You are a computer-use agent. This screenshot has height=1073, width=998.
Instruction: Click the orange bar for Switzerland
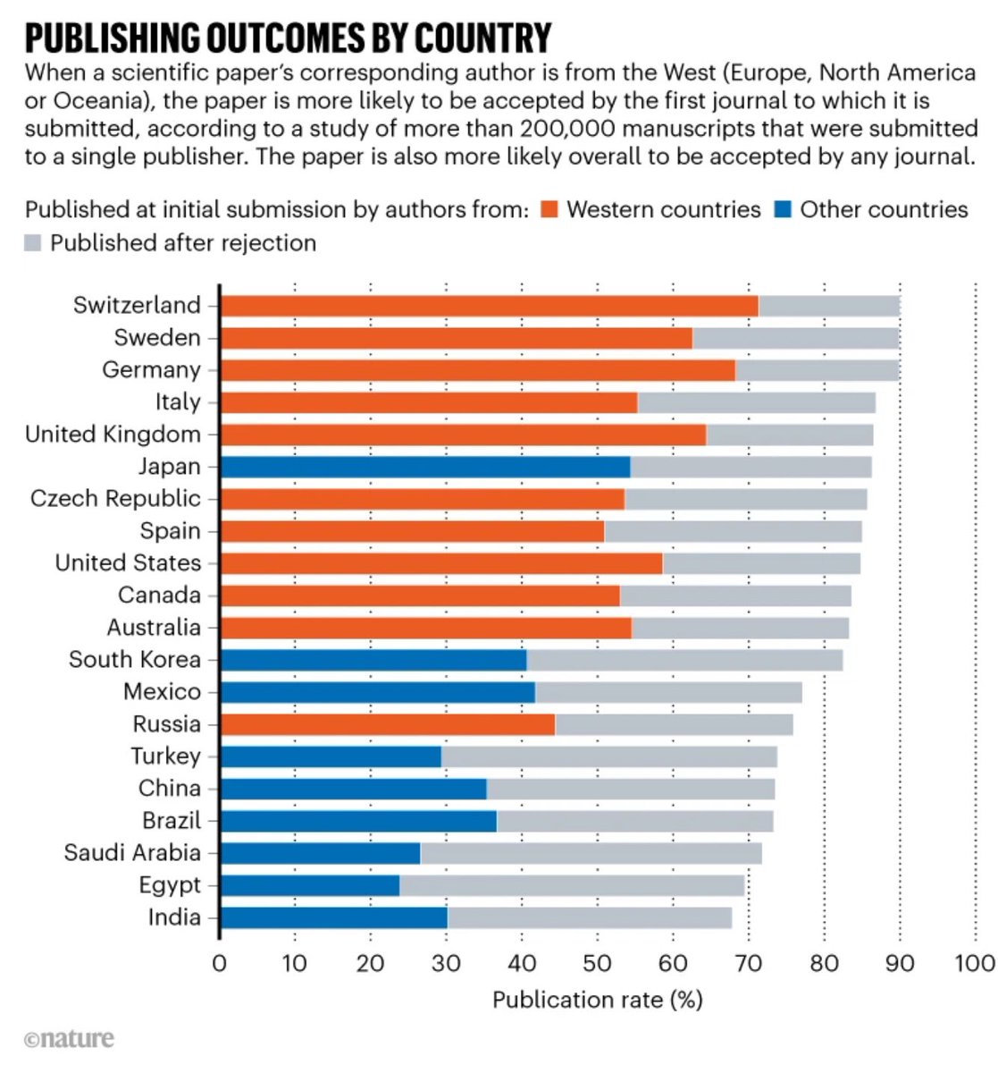pos(489,306)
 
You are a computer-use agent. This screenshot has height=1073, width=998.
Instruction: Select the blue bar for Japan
pos(424,467)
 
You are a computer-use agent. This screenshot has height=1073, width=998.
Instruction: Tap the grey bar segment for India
pos(590,918)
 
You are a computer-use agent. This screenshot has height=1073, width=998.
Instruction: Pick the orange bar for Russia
pos(387,724)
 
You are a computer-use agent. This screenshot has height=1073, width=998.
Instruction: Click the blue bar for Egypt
pos(309,885)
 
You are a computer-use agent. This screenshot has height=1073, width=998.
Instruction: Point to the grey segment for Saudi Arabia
pos(591,853)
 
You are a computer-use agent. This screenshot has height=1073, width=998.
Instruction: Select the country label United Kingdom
pos(113,435)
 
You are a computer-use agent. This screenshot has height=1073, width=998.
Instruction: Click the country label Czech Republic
pos(115,499)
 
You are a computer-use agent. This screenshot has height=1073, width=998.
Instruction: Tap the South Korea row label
pos(134,660)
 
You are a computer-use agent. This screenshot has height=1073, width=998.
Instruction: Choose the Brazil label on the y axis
pos(172,821)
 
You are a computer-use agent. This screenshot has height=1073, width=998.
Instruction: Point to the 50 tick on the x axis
pos(597,963)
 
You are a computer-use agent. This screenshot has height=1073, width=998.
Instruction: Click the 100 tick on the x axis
pos(974,963)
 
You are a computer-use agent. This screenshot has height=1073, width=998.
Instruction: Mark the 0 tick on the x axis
pos(220,963)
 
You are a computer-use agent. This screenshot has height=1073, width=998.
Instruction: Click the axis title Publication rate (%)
pos(597,1000)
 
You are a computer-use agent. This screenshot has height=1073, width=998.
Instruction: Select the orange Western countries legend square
pos(549,210)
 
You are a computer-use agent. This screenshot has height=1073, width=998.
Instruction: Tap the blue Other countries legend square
pos(783,210)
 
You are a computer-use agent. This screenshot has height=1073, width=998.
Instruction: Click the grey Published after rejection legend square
pos(33,243)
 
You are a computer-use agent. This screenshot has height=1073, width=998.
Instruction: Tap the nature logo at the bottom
pos(70,1039)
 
